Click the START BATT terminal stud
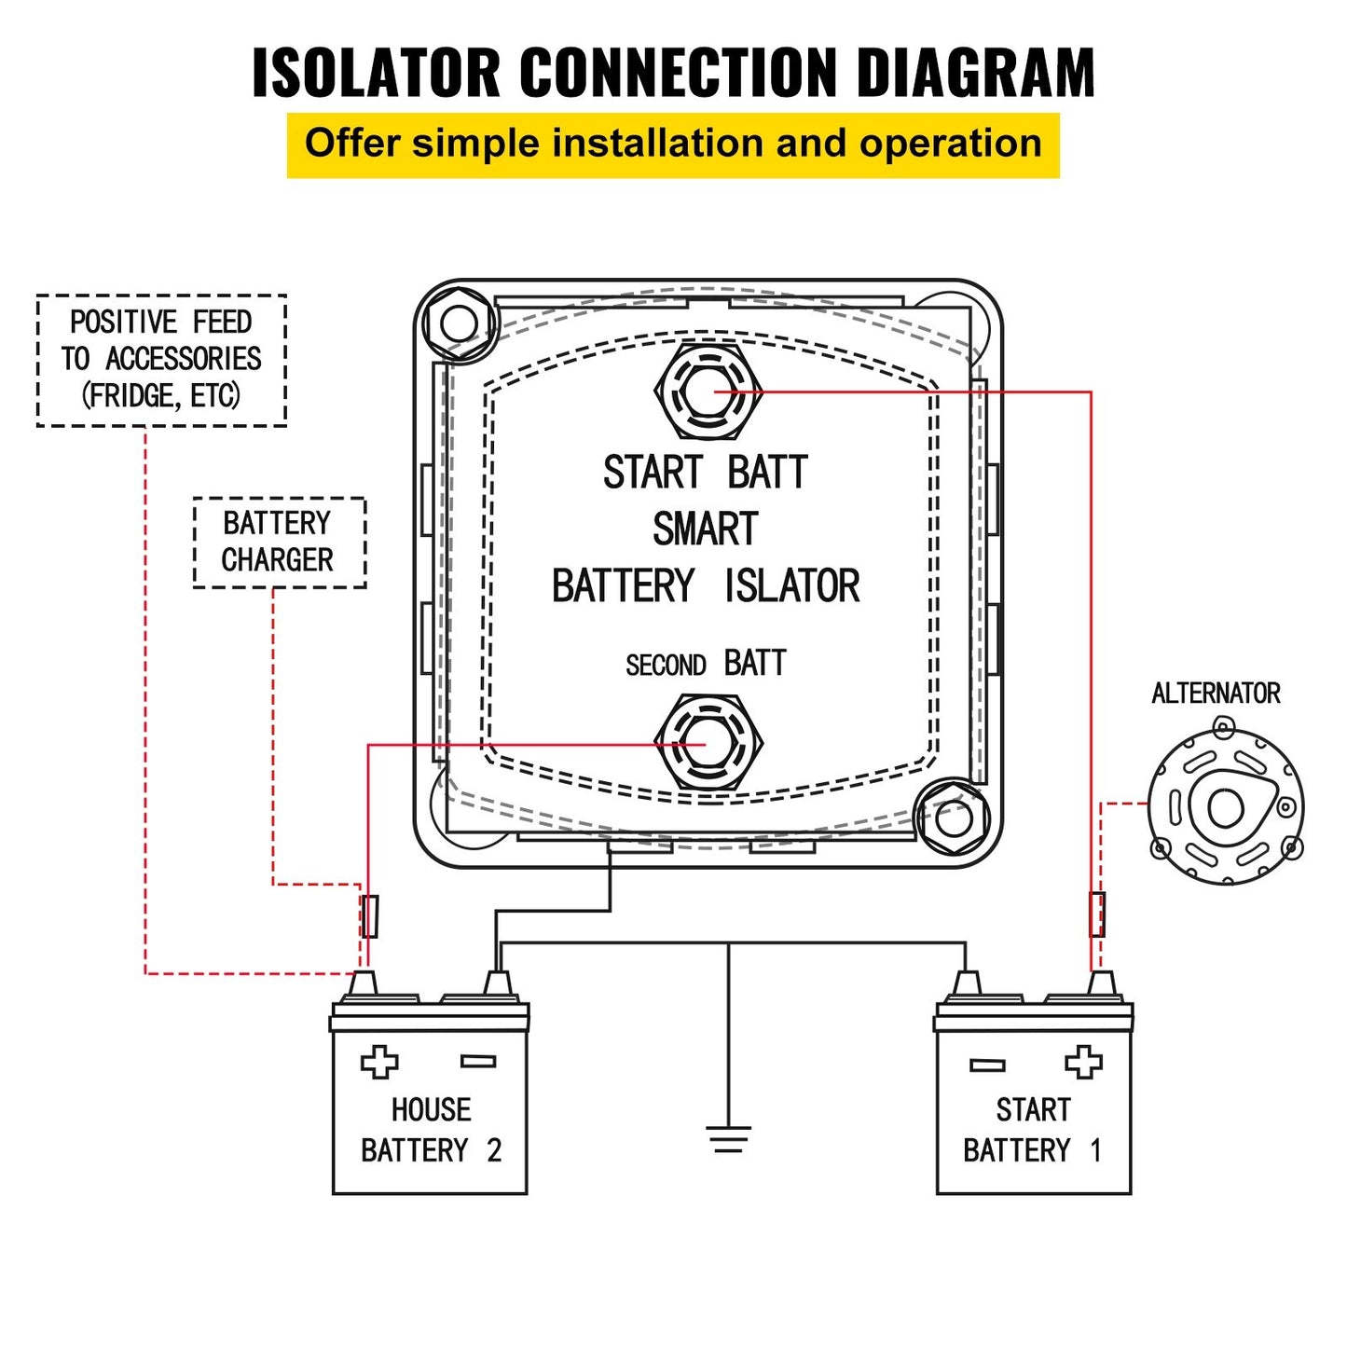[708, 391]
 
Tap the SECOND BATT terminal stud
[708, 744]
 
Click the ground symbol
[728, 1138]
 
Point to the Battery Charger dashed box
[279, 543]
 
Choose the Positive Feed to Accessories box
[161, 360]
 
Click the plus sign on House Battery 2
[379, 1062]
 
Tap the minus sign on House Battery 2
[478, 1061]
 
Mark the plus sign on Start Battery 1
[1083, 1062]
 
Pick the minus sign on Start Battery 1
[987, 1065]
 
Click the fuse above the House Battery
[370, 916]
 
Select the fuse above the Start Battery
[1097, 914]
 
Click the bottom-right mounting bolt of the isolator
[953, 819]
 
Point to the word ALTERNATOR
[1216, 694]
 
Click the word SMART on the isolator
[706, 529]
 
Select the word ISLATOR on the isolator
[791, 586]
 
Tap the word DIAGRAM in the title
[975, 73]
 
